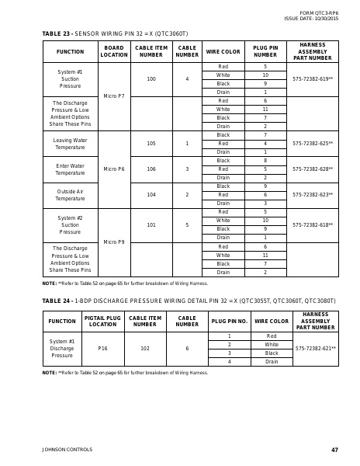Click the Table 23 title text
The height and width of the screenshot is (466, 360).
(x=115, y=33)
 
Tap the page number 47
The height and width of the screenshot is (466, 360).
(x=334, y=450)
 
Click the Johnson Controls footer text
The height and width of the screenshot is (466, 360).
(x=67, y=450)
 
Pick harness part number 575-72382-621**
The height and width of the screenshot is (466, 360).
(x=316, y=349)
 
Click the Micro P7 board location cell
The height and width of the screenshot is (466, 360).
(x=114, y=96)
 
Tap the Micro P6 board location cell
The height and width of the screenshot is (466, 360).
(x=114, y=169)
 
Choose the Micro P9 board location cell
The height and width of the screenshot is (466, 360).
(x=114, y=242)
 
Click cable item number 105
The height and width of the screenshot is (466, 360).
(x=151, y=144)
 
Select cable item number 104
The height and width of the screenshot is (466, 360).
(x=151, y=194)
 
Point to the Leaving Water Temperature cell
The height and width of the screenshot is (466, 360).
(x=70, y=144)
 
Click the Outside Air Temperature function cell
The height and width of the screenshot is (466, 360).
(x=70, y=194)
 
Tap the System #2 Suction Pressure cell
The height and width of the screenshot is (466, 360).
(x=70, y=224)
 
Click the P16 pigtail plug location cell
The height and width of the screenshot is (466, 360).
(x=103, y=349)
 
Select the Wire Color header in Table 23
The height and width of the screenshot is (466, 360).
(x=223, y=51)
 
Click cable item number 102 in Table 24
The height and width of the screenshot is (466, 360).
(x=145, y=349)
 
